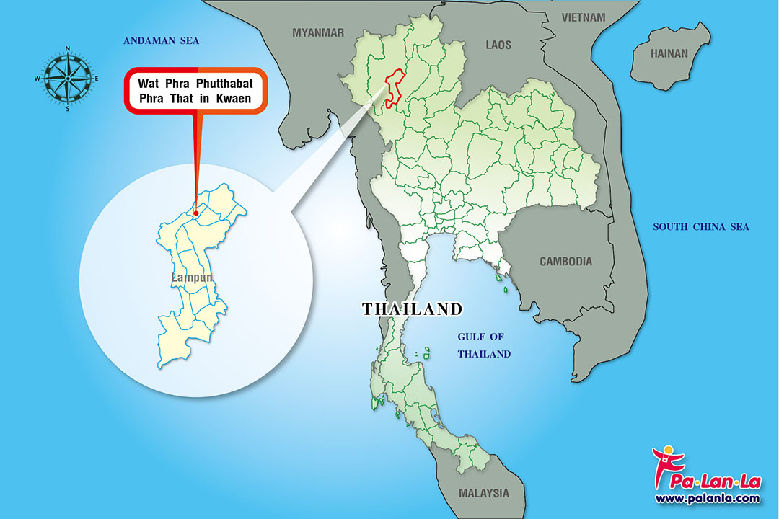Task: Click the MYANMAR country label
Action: click(318, 32)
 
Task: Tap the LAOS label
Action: click(498, 45)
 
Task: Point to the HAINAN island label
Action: click(669, 53)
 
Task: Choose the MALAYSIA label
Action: click(483, 494)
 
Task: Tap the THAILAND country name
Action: click(412, 309)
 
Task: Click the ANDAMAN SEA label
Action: click(161, 41)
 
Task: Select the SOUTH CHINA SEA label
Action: click(701, 227)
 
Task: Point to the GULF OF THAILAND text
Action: click(485, 345)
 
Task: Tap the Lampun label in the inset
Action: click(191, 277)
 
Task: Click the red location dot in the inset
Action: click(196, 213)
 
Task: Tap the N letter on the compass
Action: click(67, 49)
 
